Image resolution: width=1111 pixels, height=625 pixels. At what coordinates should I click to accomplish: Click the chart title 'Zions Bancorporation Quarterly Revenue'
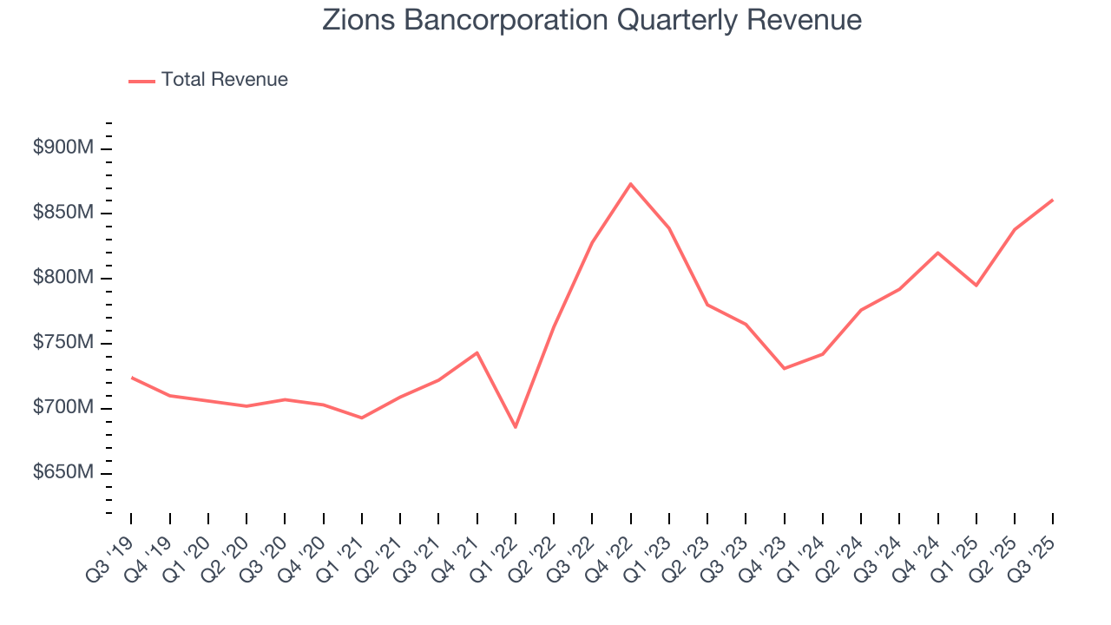592,20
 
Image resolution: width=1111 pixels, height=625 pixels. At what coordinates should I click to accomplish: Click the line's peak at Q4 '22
630,184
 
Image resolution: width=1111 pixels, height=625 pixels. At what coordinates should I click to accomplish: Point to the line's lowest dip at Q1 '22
516,427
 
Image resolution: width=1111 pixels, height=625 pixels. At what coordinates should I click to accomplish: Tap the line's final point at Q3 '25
1053,201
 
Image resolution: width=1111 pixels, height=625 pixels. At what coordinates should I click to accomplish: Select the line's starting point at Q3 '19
132,378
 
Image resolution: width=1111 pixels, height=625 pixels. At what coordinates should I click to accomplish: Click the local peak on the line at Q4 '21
477,352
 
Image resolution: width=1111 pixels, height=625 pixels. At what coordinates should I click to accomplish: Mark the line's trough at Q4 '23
784,369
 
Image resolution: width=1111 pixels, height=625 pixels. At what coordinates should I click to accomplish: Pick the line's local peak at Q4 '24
937,253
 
